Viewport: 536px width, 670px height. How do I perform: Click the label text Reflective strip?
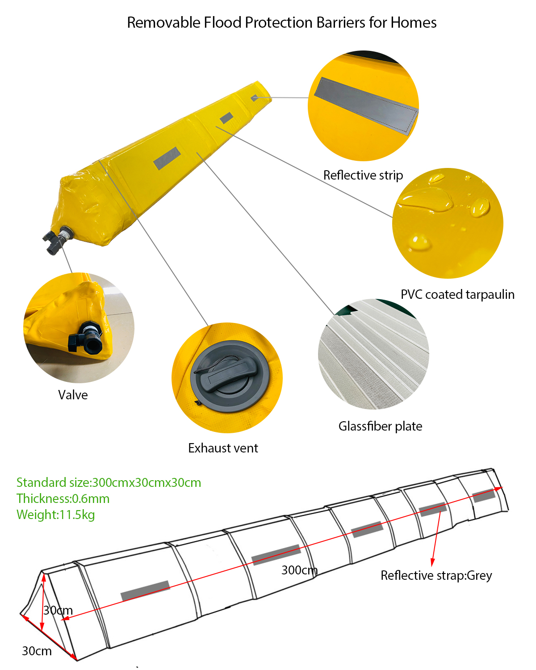(x=363, y=175)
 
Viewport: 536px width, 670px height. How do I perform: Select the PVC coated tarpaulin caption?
(x=457, y=294)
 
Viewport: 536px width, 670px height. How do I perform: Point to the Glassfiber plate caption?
(x=380, y=426)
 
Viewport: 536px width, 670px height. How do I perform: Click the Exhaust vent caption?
(x=223, y=448)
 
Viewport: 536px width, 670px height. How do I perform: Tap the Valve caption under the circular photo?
(x=73, y=395)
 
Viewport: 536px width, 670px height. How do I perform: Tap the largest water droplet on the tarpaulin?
(x=424, y=198)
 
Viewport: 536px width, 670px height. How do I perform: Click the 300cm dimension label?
(x=299, y=570)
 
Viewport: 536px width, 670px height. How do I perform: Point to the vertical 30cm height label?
(x=58, y=610)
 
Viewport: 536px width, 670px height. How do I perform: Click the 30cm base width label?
(x=37, y=651)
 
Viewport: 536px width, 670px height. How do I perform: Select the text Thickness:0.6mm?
(x=63, y=498)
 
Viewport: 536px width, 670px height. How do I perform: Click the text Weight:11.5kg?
(x=55, y=515)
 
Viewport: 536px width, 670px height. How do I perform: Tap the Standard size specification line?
(x=109, y=482)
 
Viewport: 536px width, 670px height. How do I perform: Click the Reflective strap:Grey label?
(x=436, y=575)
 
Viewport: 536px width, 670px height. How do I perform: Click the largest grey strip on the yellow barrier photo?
(x=167, y=158)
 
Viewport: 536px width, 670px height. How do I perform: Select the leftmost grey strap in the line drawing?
(x=145, y=590)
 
